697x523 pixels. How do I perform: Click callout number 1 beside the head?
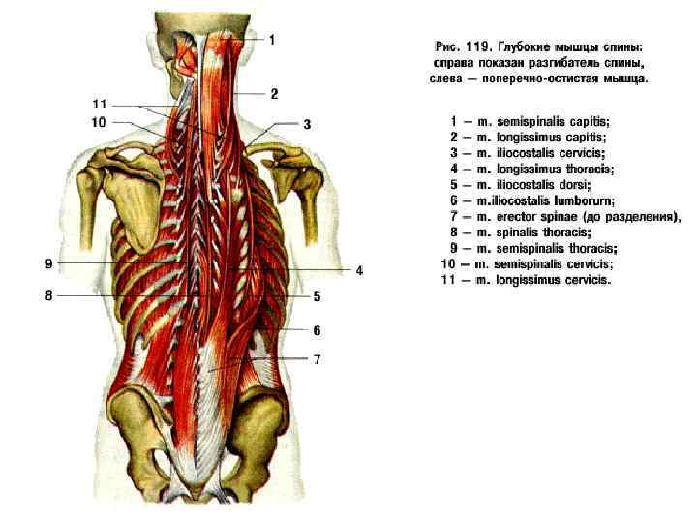click(x=272, y=40)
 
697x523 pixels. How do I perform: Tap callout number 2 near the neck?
click(x=275, y=94)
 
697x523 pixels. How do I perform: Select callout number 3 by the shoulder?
click(x=306, y=124)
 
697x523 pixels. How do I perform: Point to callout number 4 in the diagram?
click(x=358, y=270)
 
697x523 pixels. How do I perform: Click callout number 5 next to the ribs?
click(x=317, y=296)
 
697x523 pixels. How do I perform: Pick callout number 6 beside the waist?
click(x=317, y=330)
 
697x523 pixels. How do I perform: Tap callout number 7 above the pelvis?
click(x=317, y=359)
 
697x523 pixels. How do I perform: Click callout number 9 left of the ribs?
click(x=48, y=263)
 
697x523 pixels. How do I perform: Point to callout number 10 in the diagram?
click(x=98, y=122)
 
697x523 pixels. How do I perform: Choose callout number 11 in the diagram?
click(x=98, y=104)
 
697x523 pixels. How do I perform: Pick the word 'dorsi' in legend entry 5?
click(x=573, y=184)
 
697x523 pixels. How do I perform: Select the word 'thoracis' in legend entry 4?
click(x=590, y=169)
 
